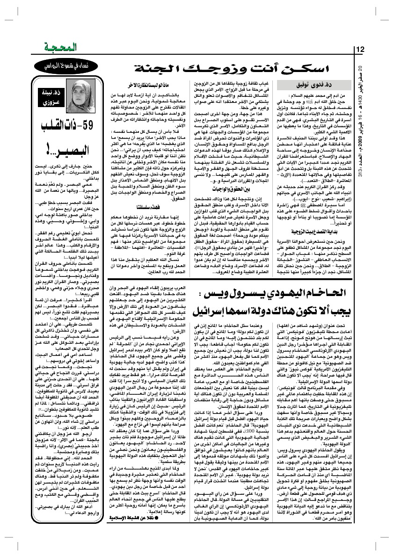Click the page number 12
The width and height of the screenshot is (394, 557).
tap(360, 50)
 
